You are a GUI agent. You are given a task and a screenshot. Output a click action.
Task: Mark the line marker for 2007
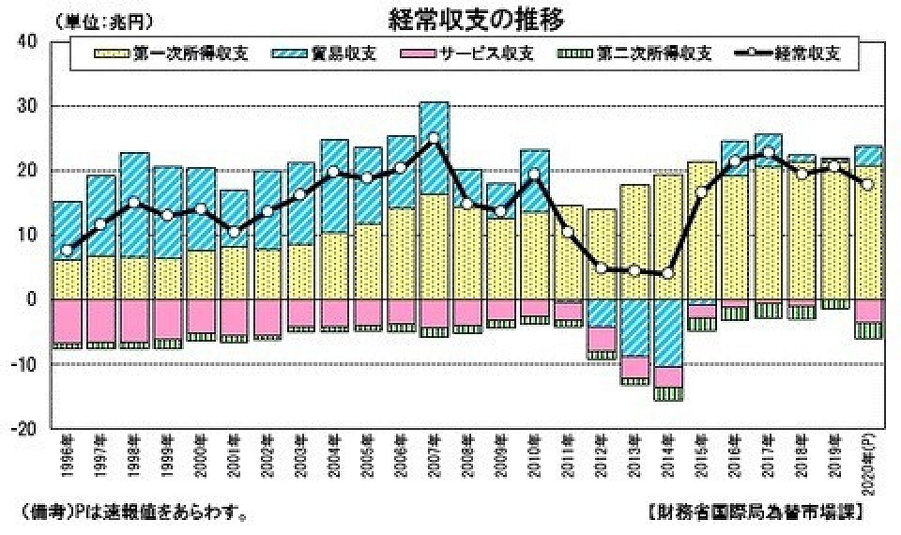(x=433, y=138)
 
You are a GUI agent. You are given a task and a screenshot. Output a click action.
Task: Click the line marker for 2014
(x=667, y=273)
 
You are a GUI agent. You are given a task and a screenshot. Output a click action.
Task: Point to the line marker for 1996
(x=67, y=251)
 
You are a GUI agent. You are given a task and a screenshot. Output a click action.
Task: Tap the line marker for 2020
(x=867, y=185)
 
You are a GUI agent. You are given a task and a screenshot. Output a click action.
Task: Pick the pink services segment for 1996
(x=67, y=321)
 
